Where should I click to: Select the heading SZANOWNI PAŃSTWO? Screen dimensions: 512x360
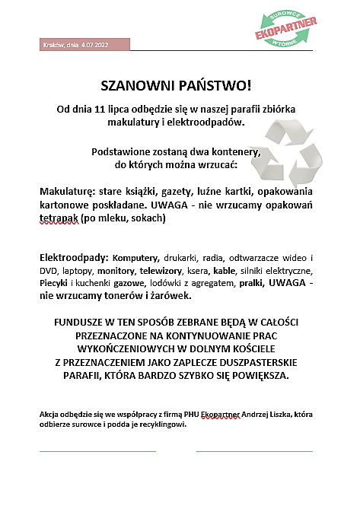click(176, 84)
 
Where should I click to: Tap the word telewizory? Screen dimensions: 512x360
click(168, 271)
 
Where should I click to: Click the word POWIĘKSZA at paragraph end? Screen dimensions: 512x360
click(266, 376)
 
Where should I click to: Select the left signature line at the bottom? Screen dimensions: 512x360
click(97, 451)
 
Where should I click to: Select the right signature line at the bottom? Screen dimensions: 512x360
click(254, 451)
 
